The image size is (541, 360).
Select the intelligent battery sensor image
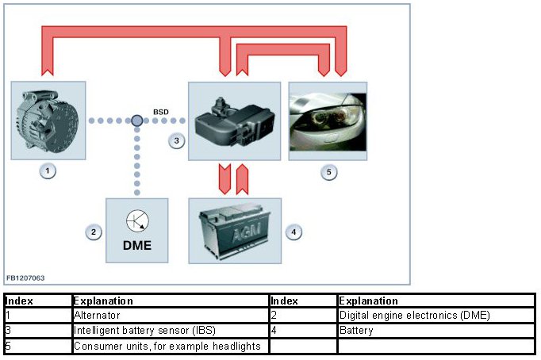pos(233,121)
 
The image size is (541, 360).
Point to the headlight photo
pos(328,121)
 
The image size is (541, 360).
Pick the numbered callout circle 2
pos(94,232)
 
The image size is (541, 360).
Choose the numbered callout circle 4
pos(294,232)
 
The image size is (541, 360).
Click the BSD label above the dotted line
pos(161,112)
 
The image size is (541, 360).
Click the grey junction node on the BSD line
pos(137,121)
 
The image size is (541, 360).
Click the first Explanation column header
pos(103,301)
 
